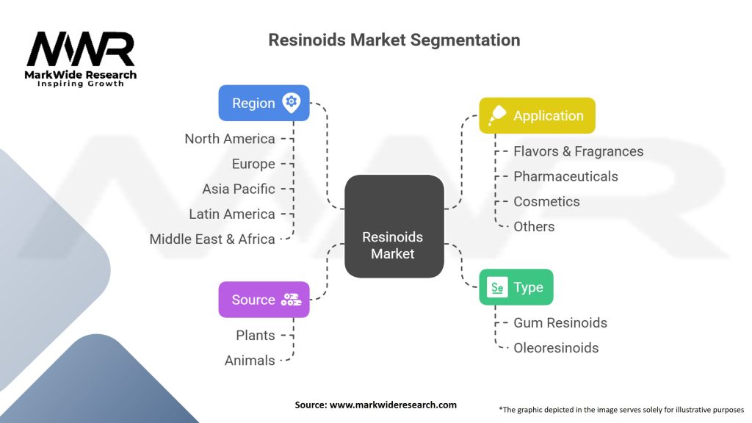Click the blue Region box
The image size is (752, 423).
(x=264, y=103)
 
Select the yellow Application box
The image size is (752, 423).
(x=537, y=115)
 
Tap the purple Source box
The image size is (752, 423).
(x=264, y=300)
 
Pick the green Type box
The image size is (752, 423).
(x=516, y=287)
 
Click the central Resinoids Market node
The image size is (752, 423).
(x=394, y=226)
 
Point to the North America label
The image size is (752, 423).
(x=230, y=139)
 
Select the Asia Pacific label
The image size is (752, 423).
(x=239, y=189)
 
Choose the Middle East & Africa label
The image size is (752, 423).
(x=212, y=239)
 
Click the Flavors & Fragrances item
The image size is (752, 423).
(x=579, y=151)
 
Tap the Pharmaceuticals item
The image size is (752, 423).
(x=565, y=176)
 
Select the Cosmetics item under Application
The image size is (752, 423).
(x=546, y=201)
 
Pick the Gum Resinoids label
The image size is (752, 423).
(x=560, y=323)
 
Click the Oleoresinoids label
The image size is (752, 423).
(x=556, y=347)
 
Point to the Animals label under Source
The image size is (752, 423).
(x=250, y=360)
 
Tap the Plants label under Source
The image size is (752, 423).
(x=255, y=335)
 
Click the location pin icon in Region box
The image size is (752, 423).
(x=291, y=103)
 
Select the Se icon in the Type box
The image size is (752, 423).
(x=497, y=287)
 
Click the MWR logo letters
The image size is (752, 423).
(x=81, y=49)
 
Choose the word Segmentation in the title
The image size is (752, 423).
(x=465, y=40)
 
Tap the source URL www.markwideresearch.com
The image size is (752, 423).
(x=393, y=405)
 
